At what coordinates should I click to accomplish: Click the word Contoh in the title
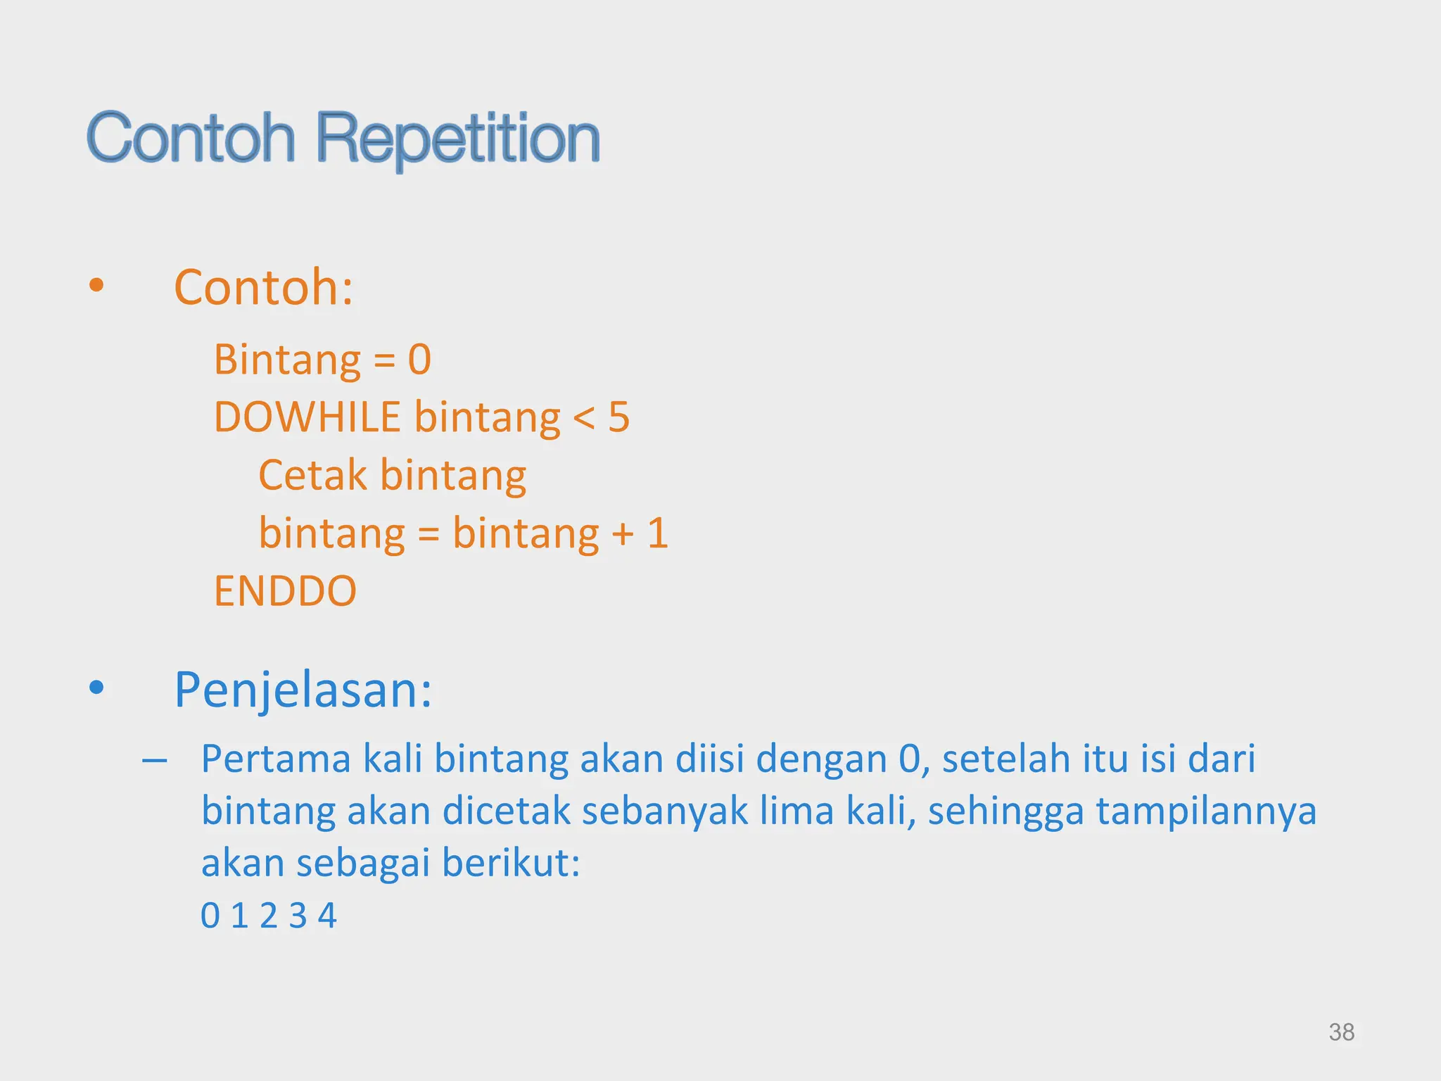click(x=191, y=139)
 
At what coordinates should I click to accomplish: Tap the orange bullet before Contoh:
click(x=96, y=285)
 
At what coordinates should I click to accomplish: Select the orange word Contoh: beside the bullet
click(x=263, y=288)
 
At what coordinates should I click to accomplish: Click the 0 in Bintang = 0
click(x=419, y=360)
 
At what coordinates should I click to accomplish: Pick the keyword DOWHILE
click(x=307, y=417)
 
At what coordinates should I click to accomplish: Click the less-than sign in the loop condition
click(x=584, y=418)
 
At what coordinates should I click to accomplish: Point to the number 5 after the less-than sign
click(x=618, y=417)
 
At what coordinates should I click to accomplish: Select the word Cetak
click(x=313, y=475)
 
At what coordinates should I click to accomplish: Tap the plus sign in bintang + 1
click(x=623, y=533)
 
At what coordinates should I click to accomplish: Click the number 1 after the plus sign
click(x=658, y=533)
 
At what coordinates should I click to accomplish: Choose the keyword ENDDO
click(x=285, y=591)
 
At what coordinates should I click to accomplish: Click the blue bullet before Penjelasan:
click(x=96, y=688)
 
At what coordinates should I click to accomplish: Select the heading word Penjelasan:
click(x=303, y=690)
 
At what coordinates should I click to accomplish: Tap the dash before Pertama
click(x=154, y=760)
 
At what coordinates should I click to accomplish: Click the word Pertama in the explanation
click(x=276, y=759)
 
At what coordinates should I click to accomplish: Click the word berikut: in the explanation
click(x=511, y=863)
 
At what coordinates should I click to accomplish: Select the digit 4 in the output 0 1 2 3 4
click(x=327, y=916)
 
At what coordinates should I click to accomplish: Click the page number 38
click(x=1341, y=1032)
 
